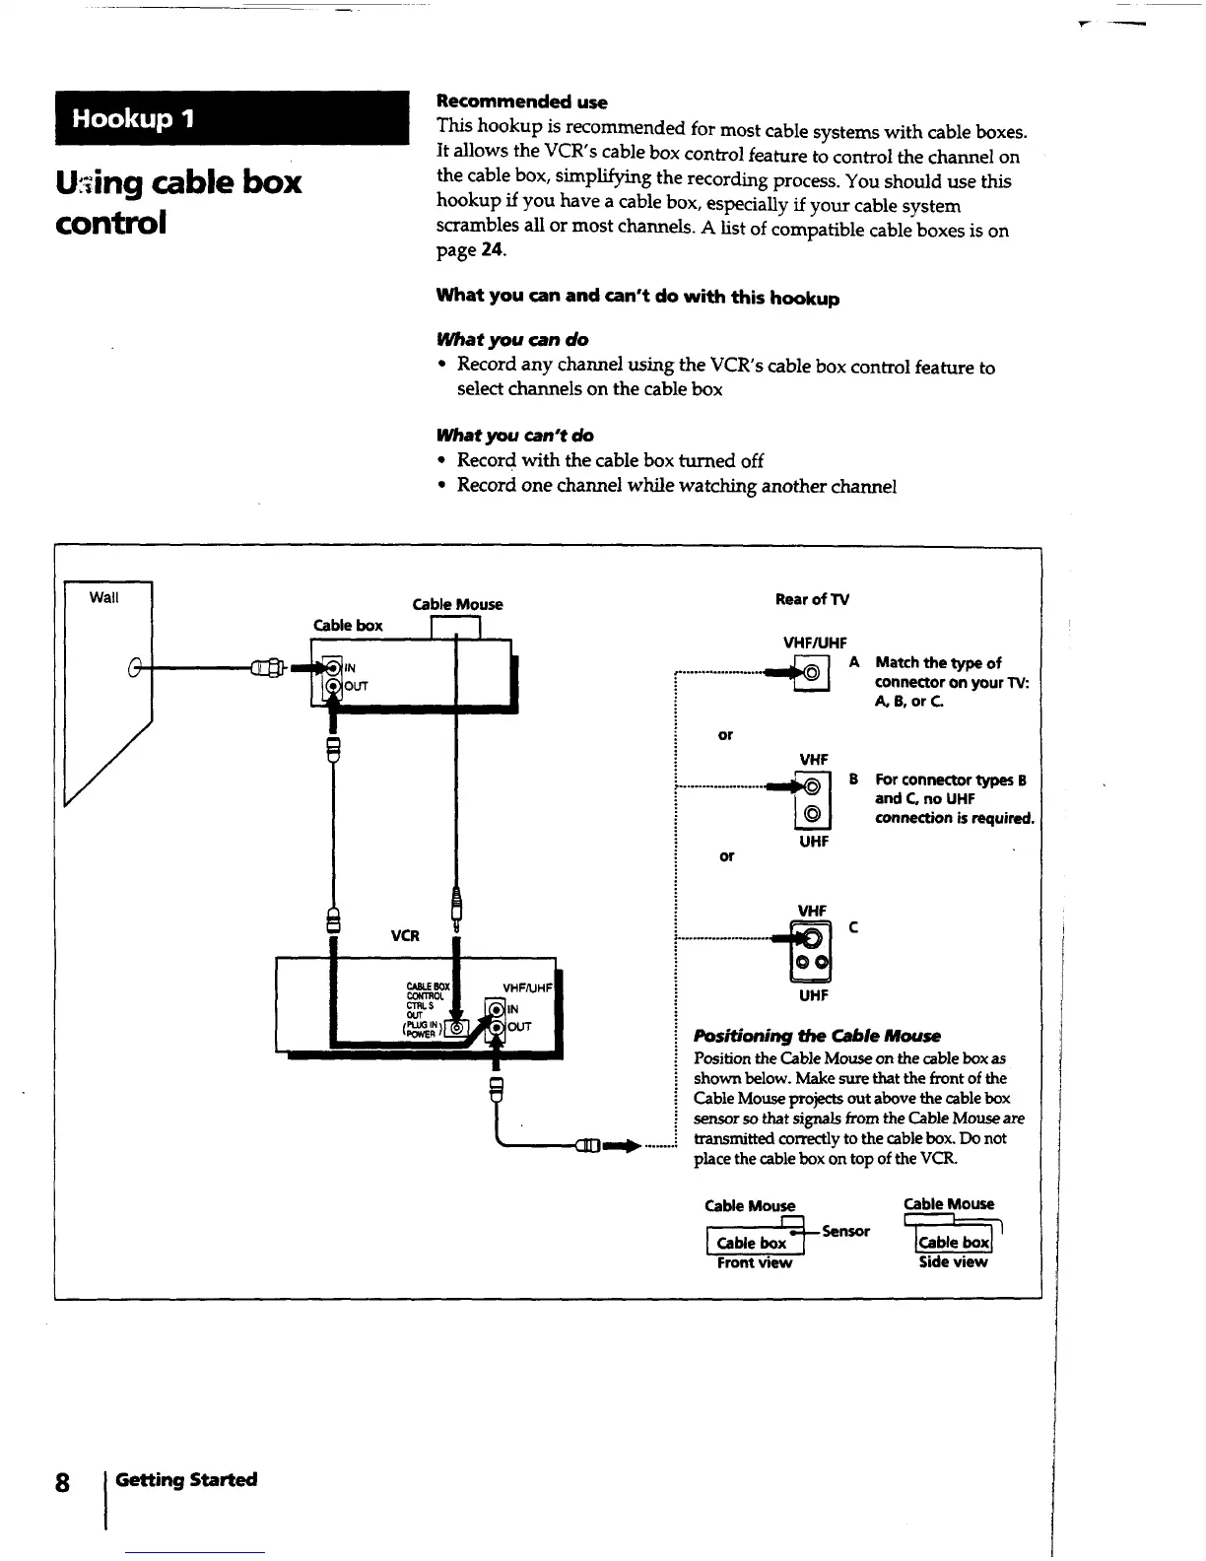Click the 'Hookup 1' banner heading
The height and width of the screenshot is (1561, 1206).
pyautogui.click(x=135, y=119)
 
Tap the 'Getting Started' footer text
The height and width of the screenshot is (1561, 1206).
pyautogui.click(x=186, y=1479)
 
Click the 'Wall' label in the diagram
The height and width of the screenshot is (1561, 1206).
pyautogui.click(x=103, y=597)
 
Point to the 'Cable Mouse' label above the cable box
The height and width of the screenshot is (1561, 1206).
pyautogui.click(x=457, y=604)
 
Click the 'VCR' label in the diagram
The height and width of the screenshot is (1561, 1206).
pyautogui.click(x=405, y=935)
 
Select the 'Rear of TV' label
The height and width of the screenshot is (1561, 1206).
pyautogui.click(x=812, y=599)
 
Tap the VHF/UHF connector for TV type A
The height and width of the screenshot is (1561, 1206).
pyautogui.click(x=813, y=673)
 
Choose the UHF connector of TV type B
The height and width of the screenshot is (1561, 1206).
pyautogui.click(x=813, y=814)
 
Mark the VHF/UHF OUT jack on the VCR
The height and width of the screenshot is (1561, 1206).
pyautogui.click(x=496, y=1027)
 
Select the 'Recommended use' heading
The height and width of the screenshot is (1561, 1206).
pyautogui.click(x=521, y=102)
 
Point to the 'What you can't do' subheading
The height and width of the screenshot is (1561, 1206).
pyautogui.click(x=514, y=436)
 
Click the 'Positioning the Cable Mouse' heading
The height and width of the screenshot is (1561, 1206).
pyautogui.click(x=817, y=1036)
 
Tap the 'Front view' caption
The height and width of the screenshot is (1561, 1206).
pyautogui.click(x=755, y=1263)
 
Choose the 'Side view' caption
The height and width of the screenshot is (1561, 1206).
pyautogui.click(x=953, y=1262)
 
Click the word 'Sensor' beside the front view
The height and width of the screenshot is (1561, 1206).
pyautogui.click(x=845, y=1231)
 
